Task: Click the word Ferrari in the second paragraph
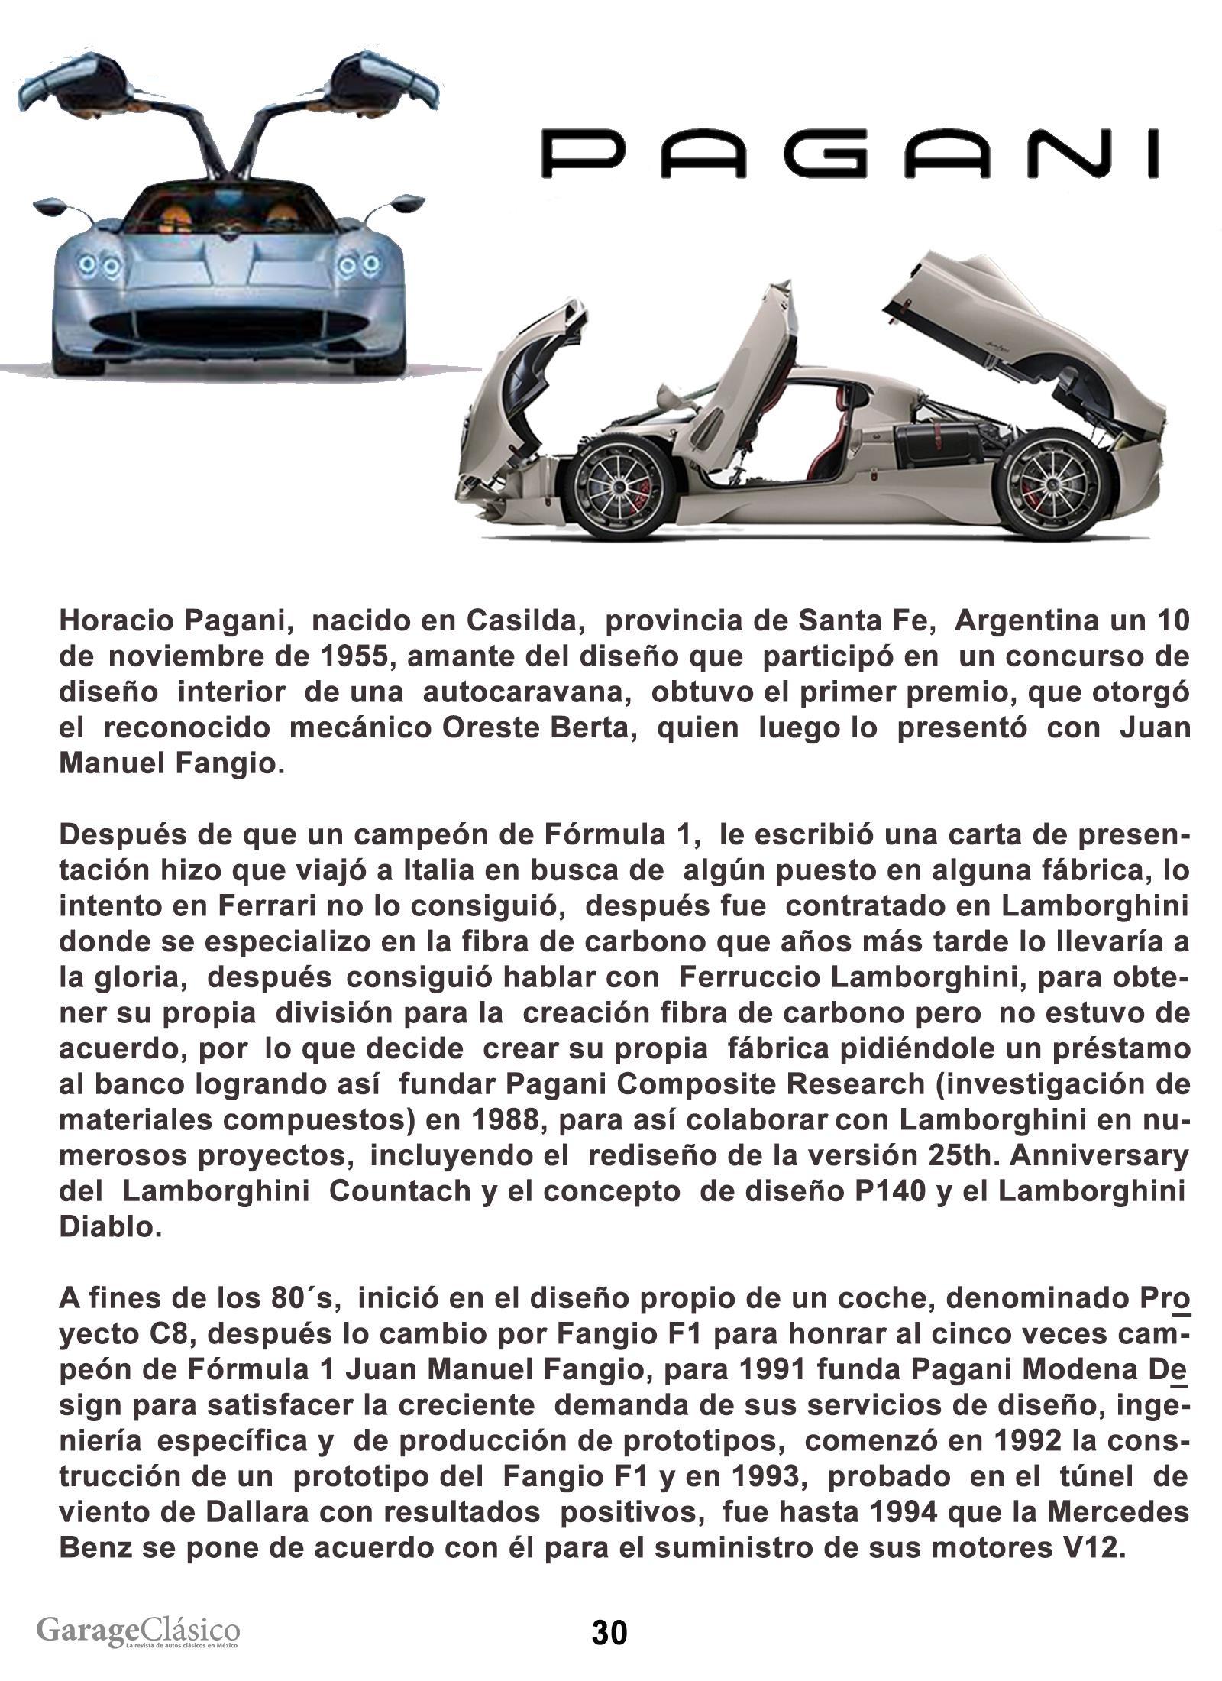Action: [x=254, y=906]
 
